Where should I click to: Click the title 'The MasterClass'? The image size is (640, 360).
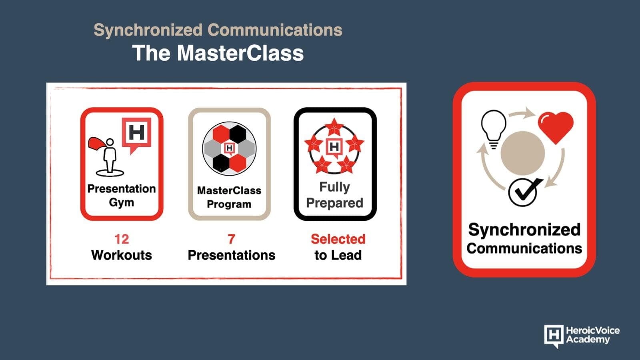click(x=218, y=53)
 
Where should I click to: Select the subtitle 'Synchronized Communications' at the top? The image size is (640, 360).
click(x=218, y=30)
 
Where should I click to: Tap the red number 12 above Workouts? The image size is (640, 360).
click(x=122, y=239)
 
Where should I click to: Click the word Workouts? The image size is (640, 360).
click(x=122, y=255)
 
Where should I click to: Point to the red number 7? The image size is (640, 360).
click(x=232, y=239)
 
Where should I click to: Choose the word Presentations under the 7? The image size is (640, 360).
click(x=232, y=255)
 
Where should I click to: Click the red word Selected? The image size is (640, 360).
click(x=338, y=239)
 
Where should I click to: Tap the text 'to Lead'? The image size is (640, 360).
click(x=338, y=255)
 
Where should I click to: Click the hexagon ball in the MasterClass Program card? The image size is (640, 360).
click(x=229, y=148)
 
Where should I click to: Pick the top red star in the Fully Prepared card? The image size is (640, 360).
click(x=334, y=126)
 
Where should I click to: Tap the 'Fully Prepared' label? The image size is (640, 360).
click(x=334, y=195)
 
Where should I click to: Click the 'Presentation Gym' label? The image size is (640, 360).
click(x=122, y=196)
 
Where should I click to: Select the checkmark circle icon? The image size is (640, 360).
click(x=524, y=192)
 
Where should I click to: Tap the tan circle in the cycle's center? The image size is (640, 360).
click(x=523, y=153)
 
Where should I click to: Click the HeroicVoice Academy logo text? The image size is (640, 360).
click(x=593, y=335)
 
